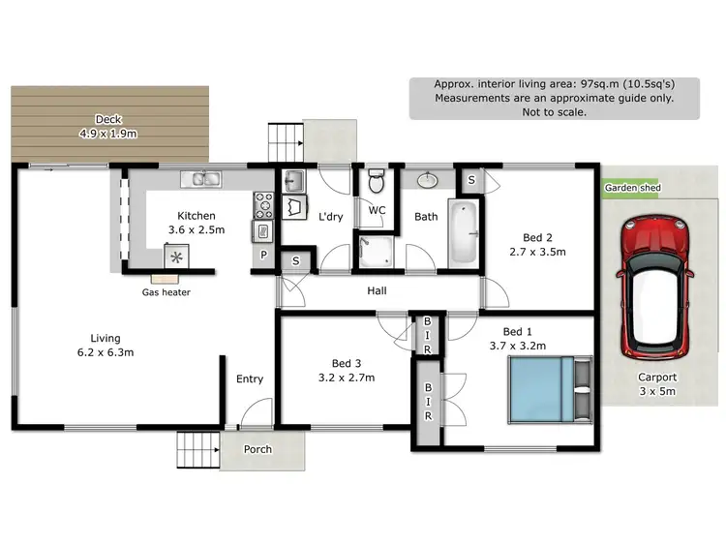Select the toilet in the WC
click(x=378, y=181)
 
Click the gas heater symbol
click(x=176, y=257)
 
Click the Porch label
click(x=257, y=449)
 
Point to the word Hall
click(x=378, y=289)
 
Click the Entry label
click(x=250, y=378)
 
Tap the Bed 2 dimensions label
click(x=537, y=251)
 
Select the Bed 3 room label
click(x=346, y=371)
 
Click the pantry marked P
click(x=262, y=255)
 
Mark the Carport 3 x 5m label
click(x=656, y=384)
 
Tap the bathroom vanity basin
click(x=427, y=180)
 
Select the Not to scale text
click(x=553, y=111)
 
